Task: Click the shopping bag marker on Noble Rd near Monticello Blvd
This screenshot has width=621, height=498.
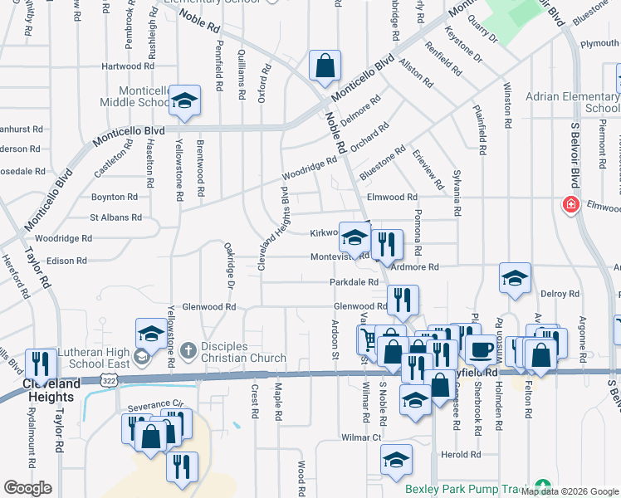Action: (325, 66)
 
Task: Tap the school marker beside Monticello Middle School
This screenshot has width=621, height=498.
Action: (184, 101)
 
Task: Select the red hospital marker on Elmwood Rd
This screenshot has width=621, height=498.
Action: (571, 204)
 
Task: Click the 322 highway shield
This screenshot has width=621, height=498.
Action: (109, 378)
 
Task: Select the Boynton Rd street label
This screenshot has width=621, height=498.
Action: (114, 198)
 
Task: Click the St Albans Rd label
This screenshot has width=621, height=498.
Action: (116, 217)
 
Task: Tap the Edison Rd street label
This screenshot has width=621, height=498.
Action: (67, 261)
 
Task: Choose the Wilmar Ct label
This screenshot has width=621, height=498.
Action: (361, 437)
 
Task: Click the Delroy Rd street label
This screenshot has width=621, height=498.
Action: (560, 294)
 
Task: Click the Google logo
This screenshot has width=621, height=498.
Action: (27, 488)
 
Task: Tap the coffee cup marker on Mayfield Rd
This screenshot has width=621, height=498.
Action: (479, 349)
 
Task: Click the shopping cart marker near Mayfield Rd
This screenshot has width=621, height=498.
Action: (369, 339)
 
